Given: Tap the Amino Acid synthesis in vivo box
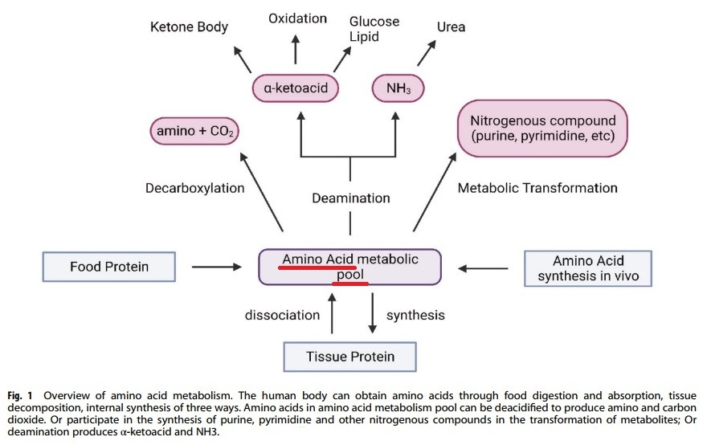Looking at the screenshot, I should pos(588,269).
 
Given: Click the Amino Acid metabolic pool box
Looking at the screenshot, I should pos(349,267).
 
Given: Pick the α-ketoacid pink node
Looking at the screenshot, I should pos(296,87).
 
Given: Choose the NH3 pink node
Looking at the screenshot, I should pos(398,87).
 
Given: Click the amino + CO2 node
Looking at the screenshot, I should pos(195,131).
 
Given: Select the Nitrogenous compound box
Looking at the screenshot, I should pos(542,128).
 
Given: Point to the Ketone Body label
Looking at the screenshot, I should pos(190,27).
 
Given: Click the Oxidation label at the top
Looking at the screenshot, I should pos(297,18).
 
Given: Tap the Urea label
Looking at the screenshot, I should pos(451,27).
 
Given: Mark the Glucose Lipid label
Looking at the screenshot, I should pos(375,29).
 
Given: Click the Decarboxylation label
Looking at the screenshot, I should pos(195,189).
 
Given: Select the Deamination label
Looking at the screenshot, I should pos(350,198).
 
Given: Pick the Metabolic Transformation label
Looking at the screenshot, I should pos(537,188).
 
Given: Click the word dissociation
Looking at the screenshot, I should pos(283,315).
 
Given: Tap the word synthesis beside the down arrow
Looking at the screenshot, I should pos(415,315).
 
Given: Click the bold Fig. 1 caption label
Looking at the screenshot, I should pos(26,395).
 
